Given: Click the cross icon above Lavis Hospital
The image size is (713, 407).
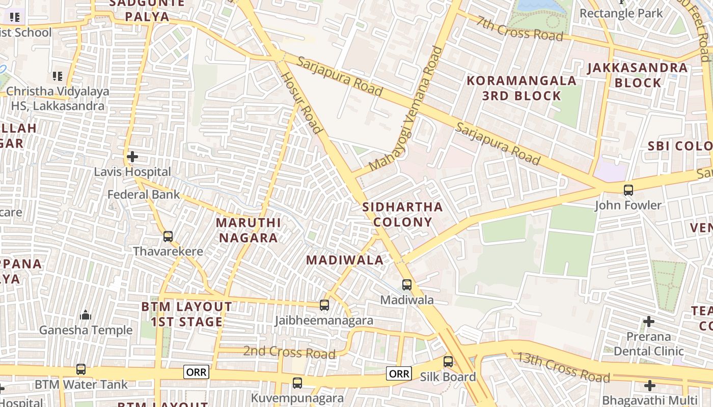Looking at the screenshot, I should tap(132, 157).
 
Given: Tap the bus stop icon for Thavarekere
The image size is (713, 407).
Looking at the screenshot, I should tap(168, 237).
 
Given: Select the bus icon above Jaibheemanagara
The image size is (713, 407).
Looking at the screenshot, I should tap(324, 305).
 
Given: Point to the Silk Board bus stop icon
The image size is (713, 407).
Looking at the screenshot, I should tap(448, 362).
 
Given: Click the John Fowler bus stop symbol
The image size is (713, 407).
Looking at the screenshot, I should tap(628, 190).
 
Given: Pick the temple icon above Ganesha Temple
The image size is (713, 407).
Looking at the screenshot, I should tap(86, 315).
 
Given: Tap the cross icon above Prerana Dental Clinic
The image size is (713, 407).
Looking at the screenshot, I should tap(648, 322).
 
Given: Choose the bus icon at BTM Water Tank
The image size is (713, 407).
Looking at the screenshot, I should tap(81, 369).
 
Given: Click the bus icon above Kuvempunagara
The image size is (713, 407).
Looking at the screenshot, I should tap(297, 383).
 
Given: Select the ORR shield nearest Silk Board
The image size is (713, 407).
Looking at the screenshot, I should tap(399, 373).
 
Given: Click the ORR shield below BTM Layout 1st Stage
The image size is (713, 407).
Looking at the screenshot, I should tap(197, 372).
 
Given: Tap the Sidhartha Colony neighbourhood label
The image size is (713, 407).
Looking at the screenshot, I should tap(402, 214).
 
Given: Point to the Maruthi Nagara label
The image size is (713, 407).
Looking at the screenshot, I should tap(248, 230).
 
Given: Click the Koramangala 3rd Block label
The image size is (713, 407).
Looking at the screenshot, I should tap(522, 88).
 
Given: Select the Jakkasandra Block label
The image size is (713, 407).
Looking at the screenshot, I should tap(637, 75).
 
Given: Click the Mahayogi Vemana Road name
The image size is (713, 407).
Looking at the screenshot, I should tap(407, 109).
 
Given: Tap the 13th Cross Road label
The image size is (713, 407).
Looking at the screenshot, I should tap(563, 367).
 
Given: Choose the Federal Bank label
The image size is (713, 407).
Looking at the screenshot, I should tap(144, 194).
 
